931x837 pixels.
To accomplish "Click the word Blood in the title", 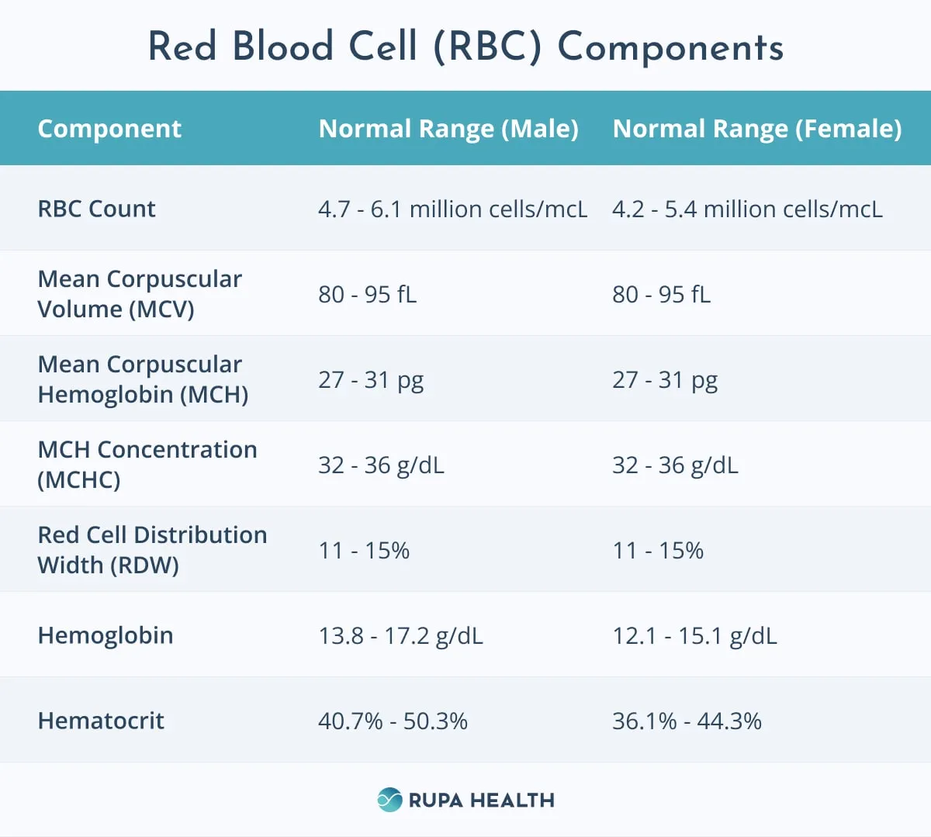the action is click(x=282, y=46).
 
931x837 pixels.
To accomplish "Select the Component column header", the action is click(x=109, y=129).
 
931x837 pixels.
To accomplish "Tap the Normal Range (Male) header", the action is click(x=448, y=129).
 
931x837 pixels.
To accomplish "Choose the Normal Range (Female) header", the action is click(x=757, y=129).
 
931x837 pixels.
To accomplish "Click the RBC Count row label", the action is click(x=96, y=209).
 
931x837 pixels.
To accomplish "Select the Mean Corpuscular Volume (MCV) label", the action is click(x=140, y=294).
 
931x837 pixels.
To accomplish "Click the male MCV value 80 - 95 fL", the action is click(x=368, y=294).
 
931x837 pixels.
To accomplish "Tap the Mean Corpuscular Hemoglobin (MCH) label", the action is click(x=143, y=379).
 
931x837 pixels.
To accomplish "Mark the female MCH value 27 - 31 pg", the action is click(x=665, y=381).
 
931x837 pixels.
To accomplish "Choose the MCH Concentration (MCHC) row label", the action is click(x=147, y=465).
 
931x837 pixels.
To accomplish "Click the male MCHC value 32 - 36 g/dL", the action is click(x=381, y=465).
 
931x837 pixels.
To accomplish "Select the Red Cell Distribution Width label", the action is click(x=152, y=550).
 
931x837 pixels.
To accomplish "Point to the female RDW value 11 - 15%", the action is click(x=658, y=551).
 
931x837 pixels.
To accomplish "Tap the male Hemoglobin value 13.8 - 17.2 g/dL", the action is click(x=400, y=636).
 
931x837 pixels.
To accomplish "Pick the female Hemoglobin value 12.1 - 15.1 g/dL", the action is click(x=695, y=636).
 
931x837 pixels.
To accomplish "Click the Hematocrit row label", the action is click(x=101, y=721).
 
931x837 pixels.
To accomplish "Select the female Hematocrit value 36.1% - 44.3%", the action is click(x=687, y=721).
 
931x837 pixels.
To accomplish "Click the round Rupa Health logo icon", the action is click(x=389, y=800).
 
